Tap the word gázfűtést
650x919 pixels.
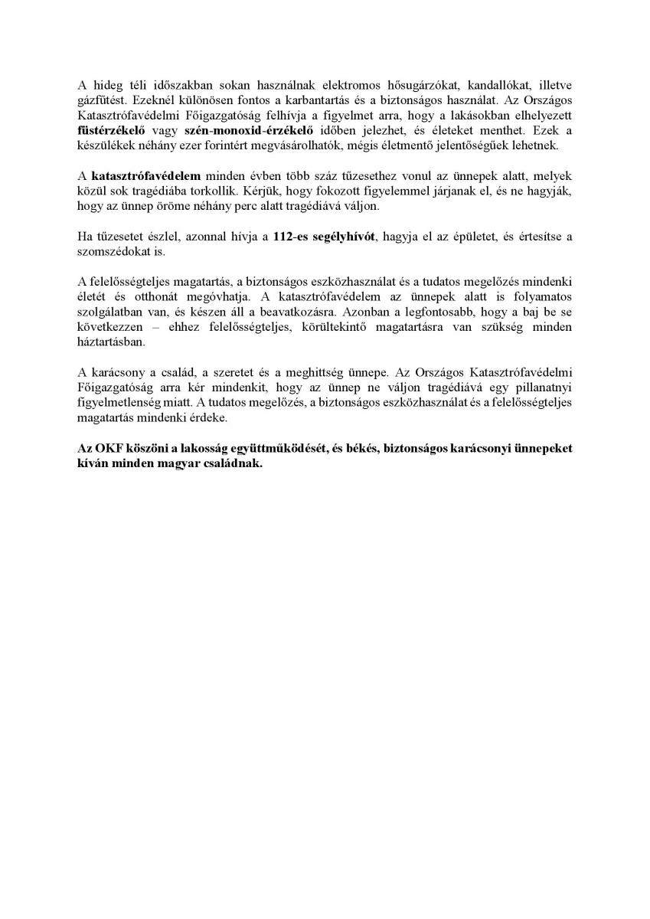tap(101, 100)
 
